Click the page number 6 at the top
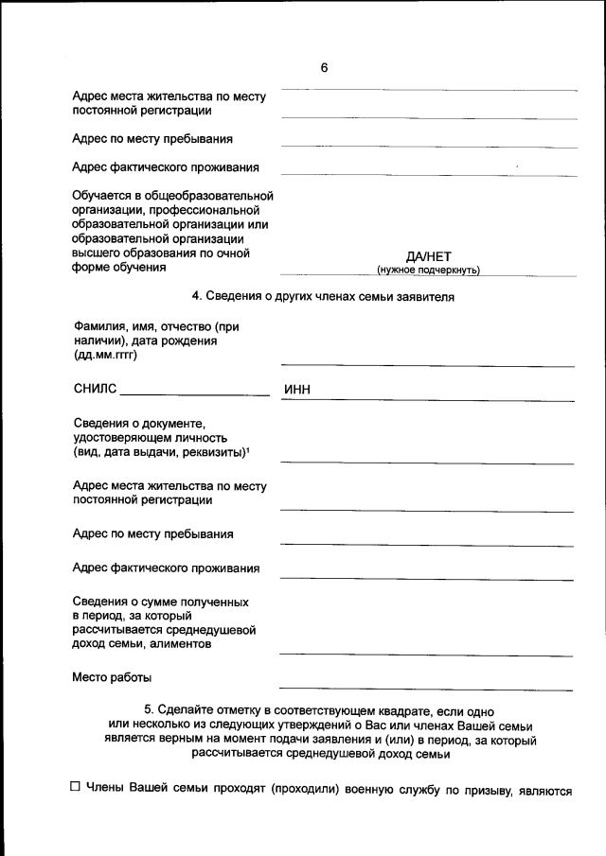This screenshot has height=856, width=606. coord(324,68)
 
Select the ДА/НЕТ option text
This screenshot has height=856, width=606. coord(428,255)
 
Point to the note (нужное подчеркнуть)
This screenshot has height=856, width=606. coord(428,271)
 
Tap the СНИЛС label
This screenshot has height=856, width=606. coord(94,389)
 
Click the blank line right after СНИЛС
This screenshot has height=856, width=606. coord(195,393)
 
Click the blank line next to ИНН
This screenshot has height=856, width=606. coord(445,398)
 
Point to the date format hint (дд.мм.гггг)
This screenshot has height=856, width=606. coord(105,356)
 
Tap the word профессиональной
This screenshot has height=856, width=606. coord(205,210)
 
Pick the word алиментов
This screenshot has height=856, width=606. coord(180,644)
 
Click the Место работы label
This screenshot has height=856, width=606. coord(112,677)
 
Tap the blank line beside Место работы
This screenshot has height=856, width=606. coord(426,688)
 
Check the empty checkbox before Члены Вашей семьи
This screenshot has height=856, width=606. coord(76,790)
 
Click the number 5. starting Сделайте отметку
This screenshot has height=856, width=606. coord(149,709)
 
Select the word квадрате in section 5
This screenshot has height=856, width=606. coord(396,709)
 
